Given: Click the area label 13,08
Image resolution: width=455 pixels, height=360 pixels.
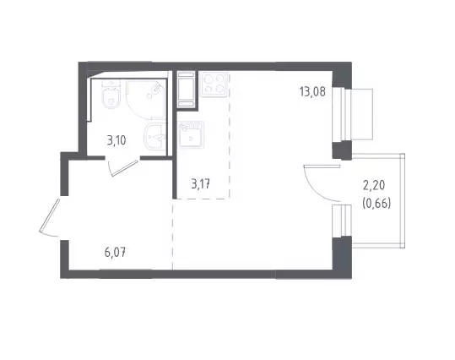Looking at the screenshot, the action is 312,92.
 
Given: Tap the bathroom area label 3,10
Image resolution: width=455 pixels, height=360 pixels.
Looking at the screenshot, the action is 116,140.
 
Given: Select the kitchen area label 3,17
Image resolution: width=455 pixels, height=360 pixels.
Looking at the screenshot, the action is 201,184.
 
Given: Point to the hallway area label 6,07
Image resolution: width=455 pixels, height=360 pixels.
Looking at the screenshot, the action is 115,252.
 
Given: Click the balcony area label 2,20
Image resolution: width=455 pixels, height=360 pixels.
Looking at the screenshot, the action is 374,185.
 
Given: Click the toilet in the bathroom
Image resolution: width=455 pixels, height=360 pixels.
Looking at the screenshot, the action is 111,95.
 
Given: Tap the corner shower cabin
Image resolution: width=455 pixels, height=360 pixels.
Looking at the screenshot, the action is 146,100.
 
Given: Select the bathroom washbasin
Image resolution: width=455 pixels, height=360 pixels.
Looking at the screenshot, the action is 155,136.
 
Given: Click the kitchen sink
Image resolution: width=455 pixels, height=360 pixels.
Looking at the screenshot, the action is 191,135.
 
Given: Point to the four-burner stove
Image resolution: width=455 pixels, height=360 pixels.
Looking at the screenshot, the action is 214,84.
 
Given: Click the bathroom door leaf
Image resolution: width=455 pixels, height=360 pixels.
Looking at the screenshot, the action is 124,168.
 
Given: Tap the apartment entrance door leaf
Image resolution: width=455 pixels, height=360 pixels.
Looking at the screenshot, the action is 49,215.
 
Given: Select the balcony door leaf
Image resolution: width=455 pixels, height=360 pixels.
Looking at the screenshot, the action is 322,166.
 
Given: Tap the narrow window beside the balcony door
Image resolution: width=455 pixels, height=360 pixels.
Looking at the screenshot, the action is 342,221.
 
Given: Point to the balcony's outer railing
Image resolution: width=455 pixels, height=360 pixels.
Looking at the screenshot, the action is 402,201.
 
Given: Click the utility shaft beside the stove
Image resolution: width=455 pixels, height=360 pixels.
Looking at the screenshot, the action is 186,89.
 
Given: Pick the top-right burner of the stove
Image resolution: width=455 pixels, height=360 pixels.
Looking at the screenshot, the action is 220,78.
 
